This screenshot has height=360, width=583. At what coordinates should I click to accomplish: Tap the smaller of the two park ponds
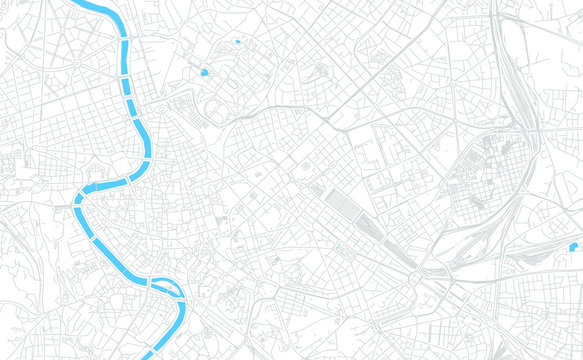coord(237,42)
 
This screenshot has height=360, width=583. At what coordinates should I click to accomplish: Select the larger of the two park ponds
coord(204,72)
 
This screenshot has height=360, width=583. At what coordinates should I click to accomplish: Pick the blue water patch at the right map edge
coord(576,245)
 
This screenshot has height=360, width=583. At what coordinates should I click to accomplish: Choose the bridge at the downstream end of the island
coord(182,301)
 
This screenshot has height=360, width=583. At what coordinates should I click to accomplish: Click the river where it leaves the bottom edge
coord(147,355)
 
